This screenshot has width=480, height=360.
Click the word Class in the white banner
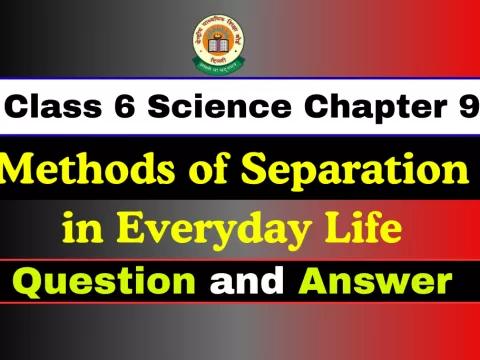point(56,105)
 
